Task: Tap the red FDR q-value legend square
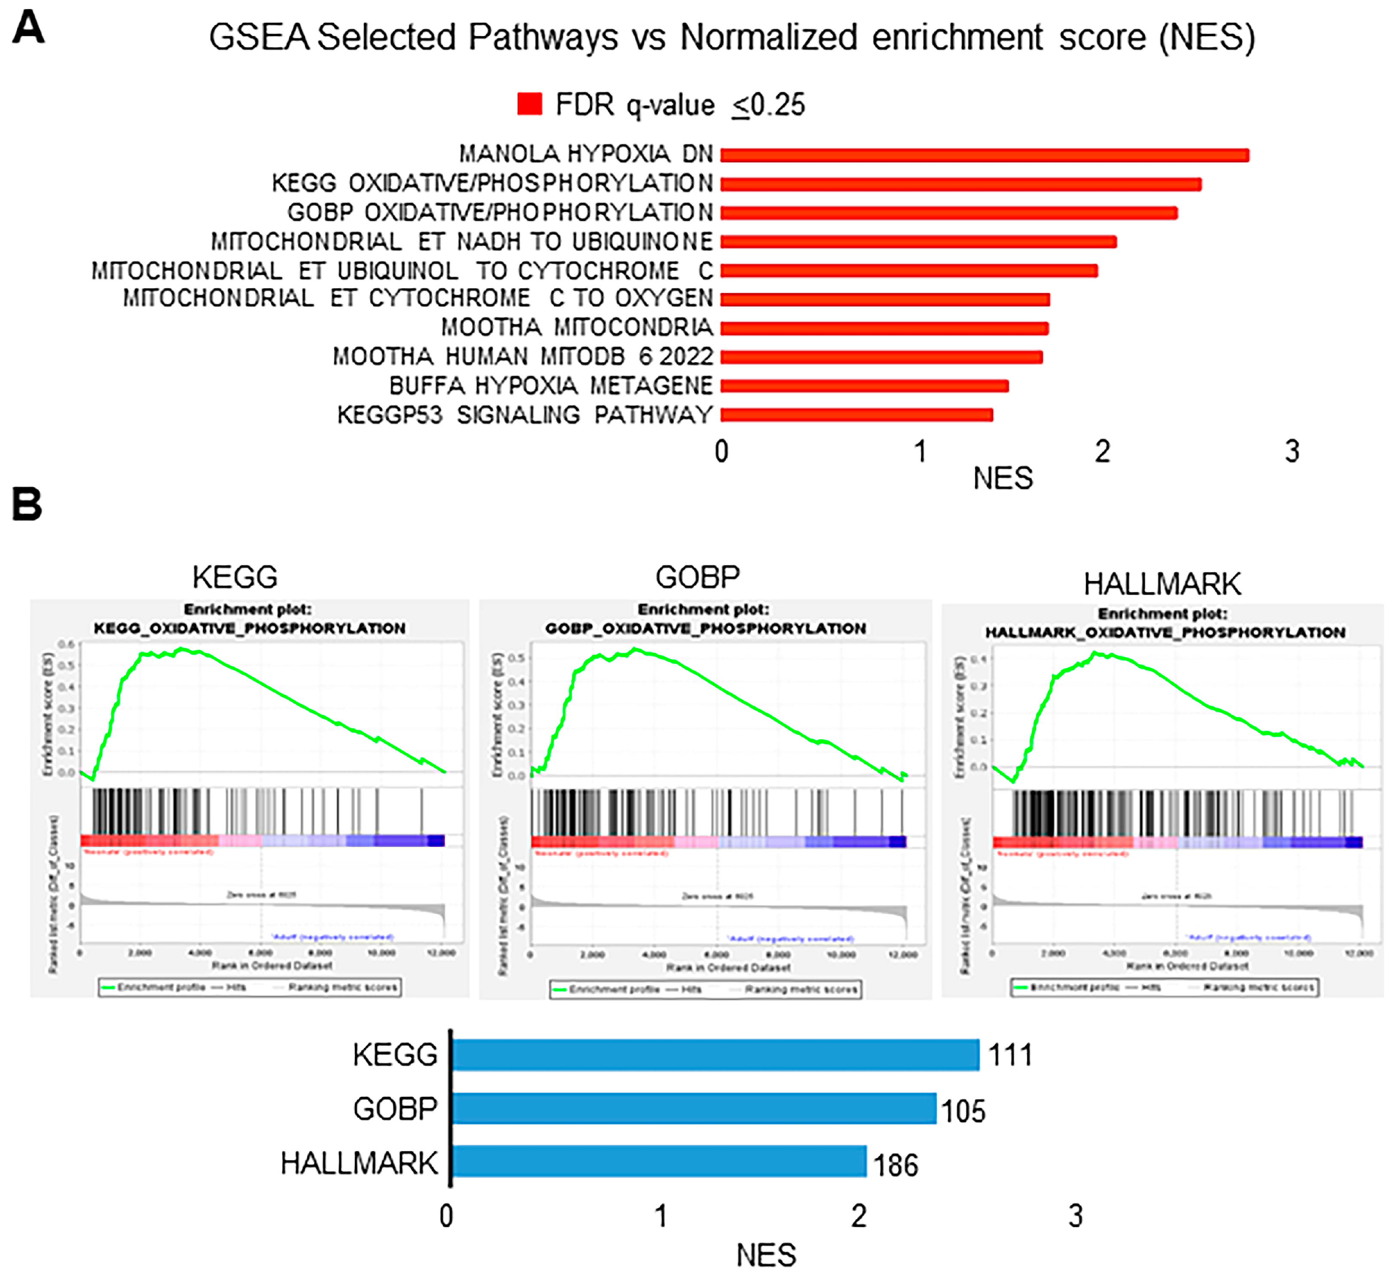point(529,104)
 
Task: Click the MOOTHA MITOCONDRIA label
point(576,327)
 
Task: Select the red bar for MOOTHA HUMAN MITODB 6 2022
point(881,357)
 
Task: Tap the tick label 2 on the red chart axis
point(1102,452)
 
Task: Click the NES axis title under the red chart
point(1003,479)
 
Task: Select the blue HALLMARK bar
point(658,1161)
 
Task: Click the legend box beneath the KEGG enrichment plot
point(250,987)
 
